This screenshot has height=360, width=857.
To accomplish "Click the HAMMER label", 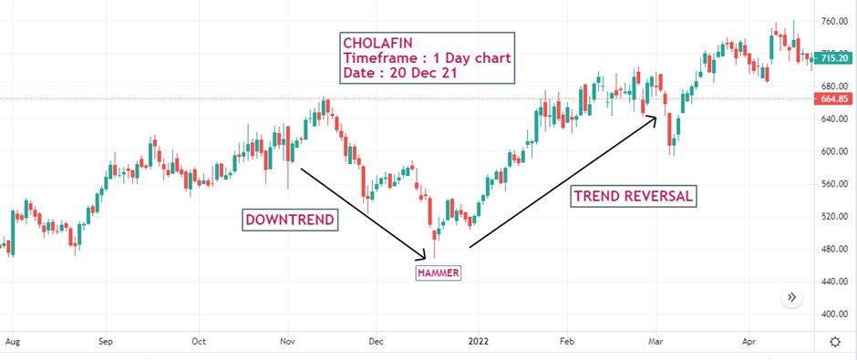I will (x=439, y=273).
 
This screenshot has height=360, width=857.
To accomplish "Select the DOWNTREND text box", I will (x=290, y=220).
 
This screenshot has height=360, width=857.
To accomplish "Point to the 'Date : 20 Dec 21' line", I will (x=401, y=73).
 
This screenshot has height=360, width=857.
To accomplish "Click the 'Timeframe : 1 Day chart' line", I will (x=426, y=58).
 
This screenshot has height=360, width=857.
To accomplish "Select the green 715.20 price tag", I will (x=834, y=57).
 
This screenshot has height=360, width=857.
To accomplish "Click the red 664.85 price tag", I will (x=834, y=98).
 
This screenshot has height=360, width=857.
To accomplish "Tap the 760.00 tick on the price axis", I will (x=834, y=21).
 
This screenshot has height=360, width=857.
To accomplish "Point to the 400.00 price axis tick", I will (x=834, y=314).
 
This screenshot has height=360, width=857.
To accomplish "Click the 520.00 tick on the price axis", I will (x=834, y=217).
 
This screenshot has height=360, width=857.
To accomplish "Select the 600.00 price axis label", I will (x=834, y=151).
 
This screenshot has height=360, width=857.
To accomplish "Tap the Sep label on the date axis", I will (x=106, y=343).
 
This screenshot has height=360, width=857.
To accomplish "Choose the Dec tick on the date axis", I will (x=375, y=343).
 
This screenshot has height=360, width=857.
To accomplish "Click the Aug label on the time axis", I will (x=12, y=343).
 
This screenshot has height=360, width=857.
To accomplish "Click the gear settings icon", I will (x=834, y=342).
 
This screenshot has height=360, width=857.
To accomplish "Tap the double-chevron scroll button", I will (x=792, y=297).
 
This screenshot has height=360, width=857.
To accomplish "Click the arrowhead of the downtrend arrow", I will (x=424, y=256).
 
